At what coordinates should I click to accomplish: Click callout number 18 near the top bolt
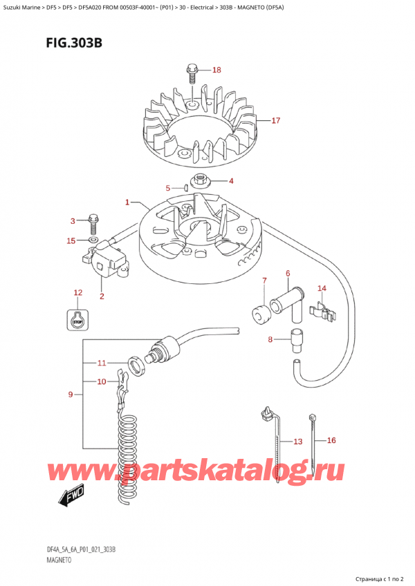216,70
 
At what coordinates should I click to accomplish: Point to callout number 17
275,121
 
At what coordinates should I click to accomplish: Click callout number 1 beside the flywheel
127,202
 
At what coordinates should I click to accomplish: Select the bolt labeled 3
94,225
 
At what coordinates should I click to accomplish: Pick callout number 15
71,240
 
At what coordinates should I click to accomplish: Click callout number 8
270,339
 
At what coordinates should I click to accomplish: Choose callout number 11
101,363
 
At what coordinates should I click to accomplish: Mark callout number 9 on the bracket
71,395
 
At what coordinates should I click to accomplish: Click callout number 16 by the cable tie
331,440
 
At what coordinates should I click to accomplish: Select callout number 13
297,442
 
